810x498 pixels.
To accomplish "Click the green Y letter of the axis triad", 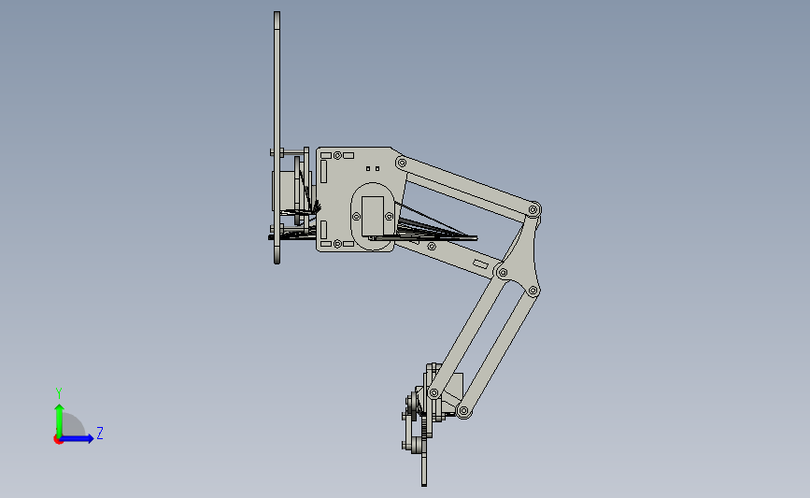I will tap(59, 393).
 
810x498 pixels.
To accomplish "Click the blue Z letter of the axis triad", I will tap(99, 433).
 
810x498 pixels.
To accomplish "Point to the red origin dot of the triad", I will tap(58, 439).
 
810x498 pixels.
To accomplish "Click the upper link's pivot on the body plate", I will tap(402, 164).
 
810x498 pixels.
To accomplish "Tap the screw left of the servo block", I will tap(355, 216).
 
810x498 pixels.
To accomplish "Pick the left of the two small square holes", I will tap(368, 169).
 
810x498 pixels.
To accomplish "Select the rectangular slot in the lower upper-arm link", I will tap(481, 265).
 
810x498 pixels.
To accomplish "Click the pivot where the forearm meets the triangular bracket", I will tap(502, 273).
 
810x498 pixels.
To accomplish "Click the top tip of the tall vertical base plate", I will tap(277, 14).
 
